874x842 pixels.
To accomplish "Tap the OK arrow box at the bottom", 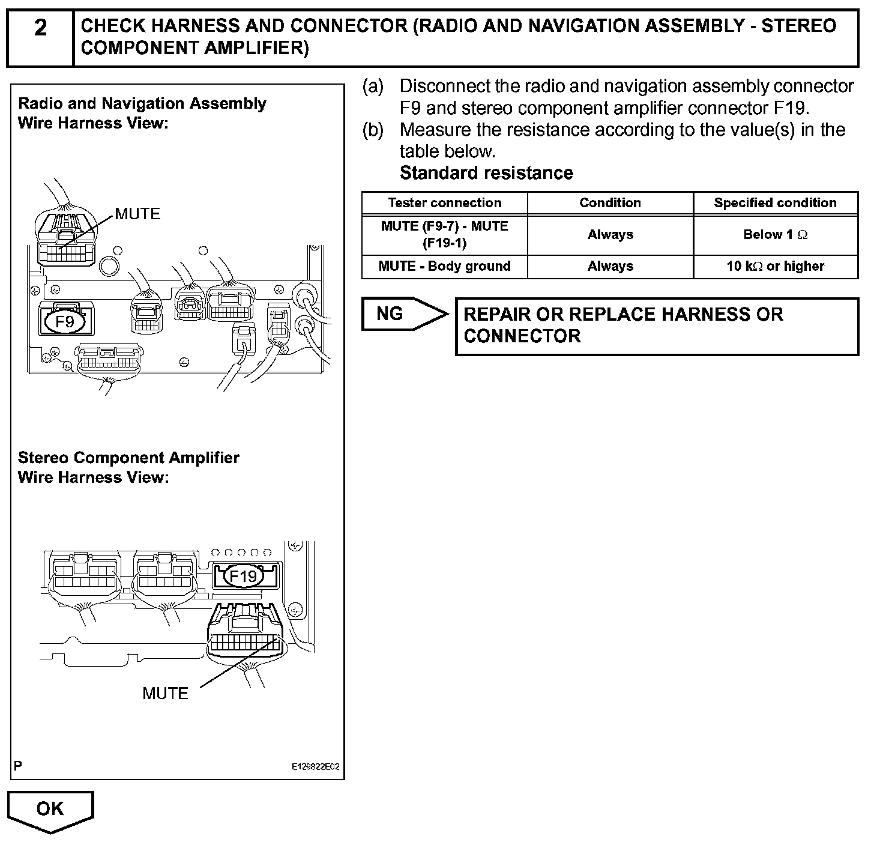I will coord(50,810).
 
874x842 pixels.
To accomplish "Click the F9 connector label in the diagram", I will coord(65,322).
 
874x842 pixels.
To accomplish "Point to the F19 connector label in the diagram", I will coord(243,576).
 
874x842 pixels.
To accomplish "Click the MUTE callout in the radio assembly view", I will coord(137,214).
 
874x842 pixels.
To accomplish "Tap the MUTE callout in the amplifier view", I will coord(165,693).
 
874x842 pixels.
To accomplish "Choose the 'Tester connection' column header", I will coord(444,203).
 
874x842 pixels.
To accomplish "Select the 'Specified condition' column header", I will coord(775,203).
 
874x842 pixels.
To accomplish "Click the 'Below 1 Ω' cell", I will coord(775,235).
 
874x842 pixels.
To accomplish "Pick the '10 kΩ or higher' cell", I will coord(775,266).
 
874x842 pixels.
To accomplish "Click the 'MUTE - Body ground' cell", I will coord(444,266).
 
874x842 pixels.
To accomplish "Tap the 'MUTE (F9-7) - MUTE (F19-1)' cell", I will coord(444,234).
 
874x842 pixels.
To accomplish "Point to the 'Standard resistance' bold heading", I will coord(486,173).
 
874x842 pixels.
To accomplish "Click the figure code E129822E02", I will coord(315,767).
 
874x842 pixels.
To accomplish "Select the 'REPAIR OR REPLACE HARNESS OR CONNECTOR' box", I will coord(657,326).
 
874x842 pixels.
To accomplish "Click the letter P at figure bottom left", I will coord(18,766).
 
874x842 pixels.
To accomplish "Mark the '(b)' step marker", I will coord(373,130).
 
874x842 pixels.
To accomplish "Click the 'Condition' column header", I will coord(610,203).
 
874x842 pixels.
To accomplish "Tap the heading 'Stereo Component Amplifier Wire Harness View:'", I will coord(128,467).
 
